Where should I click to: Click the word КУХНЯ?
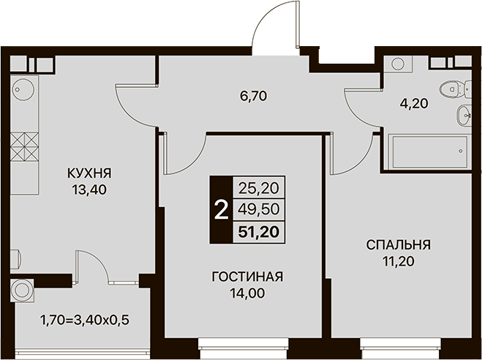(89, 173)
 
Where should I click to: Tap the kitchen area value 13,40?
(89, 190)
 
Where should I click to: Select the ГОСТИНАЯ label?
(247, 277)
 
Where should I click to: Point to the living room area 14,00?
(247, 293)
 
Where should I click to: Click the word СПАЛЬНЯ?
(399, 245)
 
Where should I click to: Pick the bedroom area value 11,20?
(399, 262)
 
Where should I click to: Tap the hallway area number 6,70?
(254, 97)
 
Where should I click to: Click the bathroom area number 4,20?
(414, 104)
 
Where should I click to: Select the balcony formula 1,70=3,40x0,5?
(85, 320)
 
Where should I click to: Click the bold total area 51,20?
(259, 232)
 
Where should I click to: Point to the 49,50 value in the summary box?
(259, 210)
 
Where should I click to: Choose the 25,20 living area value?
(259, 188)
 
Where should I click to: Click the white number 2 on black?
(222, 210)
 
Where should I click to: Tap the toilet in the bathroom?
(455, 89)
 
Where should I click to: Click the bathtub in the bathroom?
(430, 151)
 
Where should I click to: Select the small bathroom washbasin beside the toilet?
(464, 116)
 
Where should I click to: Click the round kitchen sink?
(23, 89)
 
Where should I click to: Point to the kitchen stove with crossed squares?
(24, 147)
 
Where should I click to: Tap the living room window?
(243, 348)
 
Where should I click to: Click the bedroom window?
(401, 348)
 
